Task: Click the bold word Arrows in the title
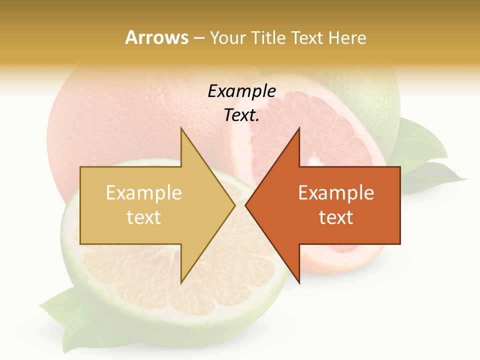coord(156,37)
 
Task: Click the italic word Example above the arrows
coord(241,91)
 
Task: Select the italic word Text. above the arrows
coord(241,115)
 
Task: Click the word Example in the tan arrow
coord(143,193)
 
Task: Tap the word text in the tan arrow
coord(143,217)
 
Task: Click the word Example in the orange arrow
coord(336,193)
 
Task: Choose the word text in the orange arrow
coord(336,217)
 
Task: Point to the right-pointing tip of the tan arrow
coord(234,205)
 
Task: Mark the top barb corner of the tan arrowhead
coord(181,129)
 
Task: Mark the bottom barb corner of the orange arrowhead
coord(299,282)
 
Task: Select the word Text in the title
coord(305,37)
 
